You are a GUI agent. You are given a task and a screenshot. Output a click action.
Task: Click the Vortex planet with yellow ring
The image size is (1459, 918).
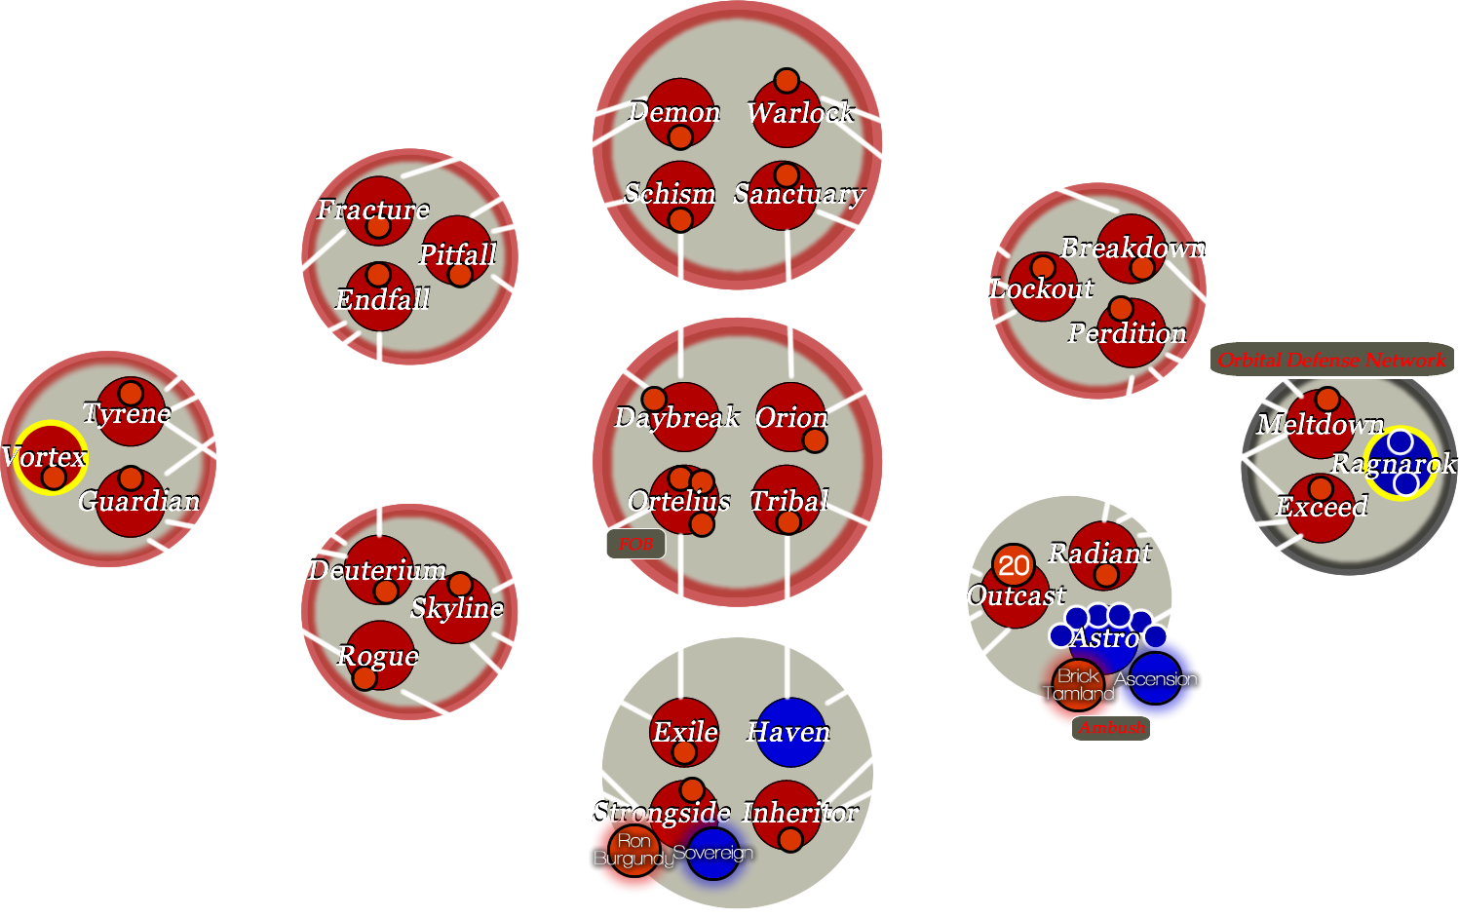49,457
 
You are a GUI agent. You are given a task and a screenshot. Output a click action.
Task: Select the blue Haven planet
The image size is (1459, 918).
789,732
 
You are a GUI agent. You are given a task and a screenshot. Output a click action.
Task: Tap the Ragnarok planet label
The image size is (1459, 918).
1393,464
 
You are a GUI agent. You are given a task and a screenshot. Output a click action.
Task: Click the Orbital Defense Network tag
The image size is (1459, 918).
1331,360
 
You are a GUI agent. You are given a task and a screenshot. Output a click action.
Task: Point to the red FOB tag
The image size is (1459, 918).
635,544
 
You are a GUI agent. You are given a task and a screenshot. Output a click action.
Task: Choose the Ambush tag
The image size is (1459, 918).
1112,728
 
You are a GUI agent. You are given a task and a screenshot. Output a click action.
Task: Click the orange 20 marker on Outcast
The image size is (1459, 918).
1013,565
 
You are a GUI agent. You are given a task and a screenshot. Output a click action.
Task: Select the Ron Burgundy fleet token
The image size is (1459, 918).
634,850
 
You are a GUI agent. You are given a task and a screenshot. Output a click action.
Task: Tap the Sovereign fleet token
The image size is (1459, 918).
713,854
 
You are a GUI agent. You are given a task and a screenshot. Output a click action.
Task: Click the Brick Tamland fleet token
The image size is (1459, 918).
1078,684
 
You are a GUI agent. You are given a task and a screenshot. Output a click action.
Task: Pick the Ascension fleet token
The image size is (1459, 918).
1156,679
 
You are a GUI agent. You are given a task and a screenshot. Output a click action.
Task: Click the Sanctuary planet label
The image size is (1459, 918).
798,194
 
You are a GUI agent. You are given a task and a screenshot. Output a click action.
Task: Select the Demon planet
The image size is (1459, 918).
678,112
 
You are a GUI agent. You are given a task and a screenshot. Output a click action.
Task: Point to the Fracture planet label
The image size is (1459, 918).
373,210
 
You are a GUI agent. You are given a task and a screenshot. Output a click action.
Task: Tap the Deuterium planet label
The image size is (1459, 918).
377,570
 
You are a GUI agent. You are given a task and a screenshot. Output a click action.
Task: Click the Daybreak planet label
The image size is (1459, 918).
677,418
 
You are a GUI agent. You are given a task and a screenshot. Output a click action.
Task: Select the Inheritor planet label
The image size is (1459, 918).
800,813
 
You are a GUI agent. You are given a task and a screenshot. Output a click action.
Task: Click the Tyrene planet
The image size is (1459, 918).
130,412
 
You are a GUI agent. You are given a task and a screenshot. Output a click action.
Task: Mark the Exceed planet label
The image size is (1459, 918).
1322,507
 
